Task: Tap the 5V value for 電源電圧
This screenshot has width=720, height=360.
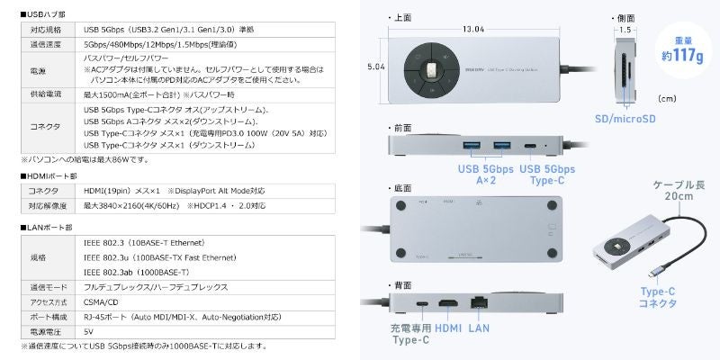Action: click(88, 332)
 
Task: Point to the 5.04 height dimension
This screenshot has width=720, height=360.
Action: click(375, 66)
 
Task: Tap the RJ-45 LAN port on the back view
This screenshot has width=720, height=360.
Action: click(479, 304)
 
